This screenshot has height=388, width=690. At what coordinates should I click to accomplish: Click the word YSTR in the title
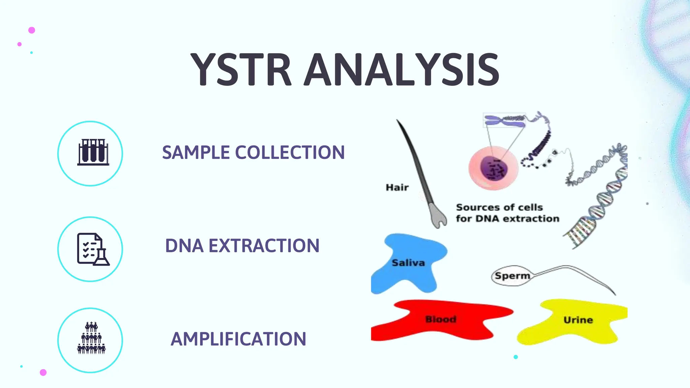241,70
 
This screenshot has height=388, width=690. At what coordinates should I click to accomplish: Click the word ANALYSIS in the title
402,70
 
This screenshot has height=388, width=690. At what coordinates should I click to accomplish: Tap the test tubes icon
93,152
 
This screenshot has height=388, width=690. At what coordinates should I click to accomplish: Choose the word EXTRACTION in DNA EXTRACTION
264,246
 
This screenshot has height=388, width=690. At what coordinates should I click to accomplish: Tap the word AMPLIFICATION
238,339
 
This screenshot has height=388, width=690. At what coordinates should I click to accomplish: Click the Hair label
397,187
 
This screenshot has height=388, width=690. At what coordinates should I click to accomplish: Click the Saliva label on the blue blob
408,263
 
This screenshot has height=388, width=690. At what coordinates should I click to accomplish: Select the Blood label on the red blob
440,319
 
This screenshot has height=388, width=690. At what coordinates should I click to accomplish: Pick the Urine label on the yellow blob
578,320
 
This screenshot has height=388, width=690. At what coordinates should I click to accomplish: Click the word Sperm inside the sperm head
512,276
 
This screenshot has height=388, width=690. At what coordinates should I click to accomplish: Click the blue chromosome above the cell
504,121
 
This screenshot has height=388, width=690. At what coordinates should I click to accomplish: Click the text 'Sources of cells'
499,207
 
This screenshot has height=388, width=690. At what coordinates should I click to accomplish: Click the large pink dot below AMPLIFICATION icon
43,372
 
